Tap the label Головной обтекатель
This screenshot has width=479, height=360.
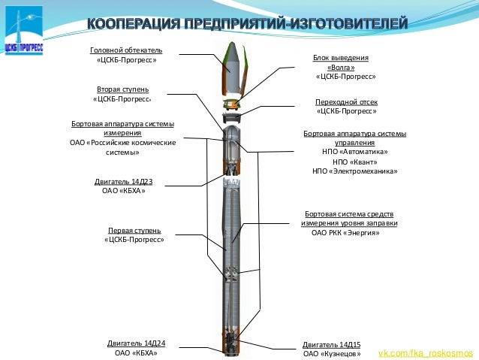click(126, 50)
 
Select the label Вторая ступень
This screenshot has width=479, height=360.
click(125, 89)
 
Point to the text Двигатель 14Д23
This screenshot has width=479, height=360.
click(124, 181)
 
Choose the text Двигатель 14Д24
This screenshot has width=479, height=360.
click(136, 343)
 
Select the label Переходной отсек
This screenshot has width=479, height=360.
click(345, 101)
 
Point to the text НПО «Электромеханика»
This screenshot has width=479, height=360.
click(354, 171)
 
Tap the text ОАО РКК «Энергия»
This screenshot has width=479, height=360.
click(345, 233)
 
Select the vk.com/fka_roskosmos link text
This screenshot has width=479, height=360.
click(425, 352)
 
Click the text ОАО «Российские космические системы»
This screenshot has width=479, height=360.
click(122, 147)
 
